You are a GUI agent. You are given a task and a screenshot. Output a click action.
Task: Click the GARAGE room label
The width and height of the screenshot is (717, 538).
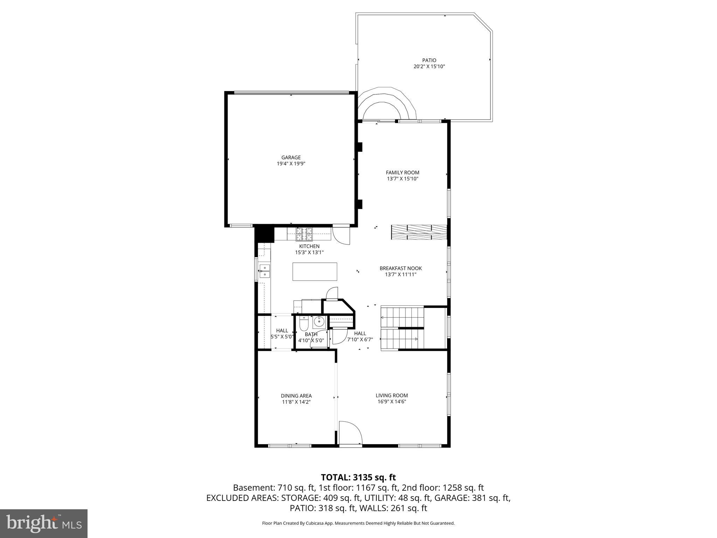[291, 158]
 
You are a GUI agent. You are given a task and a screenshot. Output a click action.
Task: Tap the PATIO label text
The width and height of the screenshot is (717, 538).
[429, 60]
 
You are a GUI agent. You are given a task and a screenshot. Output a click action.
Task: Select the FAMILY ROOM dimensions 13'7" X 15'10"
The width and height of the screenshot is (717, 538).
[402, 179]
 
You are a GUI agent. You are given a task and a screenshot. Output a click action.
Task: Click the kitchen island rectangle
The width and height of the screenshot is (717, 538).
[315, 271]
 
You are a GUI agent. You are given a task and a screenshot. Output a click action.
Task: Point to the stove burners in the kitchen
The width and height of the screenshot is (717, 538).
[304, 234]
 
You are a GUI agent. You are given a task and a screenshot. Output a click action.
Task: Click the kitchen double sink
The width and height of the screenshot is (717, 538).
[265, 271]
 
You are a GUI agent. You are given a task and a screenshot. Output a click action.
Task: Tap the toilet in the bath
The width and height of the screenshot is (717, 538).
[303, 324]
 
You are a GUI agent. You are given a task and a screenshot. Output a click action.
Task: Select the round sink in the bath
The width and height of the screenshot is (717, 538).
[319, 321]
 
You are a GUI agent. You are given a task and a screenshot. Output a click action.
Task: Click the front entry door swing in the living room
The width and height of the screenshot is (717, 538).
[350, 433]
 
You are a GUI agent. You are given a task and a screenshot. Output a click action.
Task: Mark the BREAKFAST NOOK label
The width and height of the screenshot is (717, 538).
[401, 268]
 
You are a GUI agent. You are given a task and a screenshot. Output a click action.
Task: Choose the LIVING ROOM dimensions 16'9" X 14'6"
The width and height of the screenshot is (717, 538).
[391, 402]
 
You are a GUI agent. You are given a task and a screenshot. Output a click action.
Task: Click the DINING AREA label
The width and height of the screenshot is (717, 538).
[296, 396]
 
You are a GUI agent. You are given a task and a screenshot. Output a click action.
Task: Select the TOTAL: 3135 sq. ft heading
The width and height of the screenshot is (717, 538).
[358, 477]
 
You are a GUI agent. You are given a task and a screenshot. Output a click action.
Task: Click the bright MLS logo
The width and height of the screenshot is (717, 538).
[44, 524]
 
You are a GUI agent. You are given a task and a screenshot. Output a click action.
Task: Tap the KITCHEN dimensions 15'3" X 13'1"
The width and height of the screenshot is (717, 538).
[309, 252]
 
